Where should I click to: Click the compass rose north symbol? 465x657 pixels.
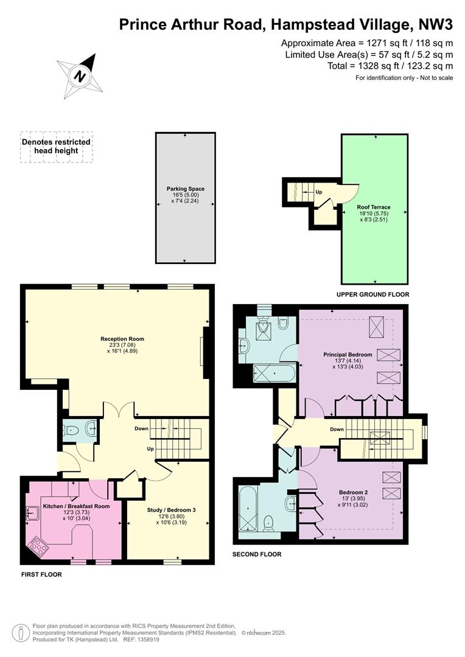click(80, 76)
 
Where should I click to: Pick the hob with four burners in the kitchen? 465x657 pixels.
click(37, 546)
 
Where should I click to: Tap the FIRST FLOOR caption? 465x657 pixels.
click(41, 574)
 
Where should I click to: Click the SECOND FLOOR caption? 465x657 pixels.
click(257, 554)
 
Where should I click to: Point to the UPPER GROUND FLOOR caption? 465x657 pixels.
click(372, 294)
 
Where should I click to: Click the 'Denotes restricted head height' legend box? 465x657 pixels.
click(56, 147)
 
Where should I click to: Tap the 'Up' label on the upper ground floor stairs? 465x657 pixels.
click(319, 192)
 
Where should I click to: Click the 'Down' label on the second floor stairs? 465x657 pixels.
click(337, 429)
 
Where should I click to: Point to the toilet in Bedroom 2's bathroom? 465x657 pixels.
click(268, 523)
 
